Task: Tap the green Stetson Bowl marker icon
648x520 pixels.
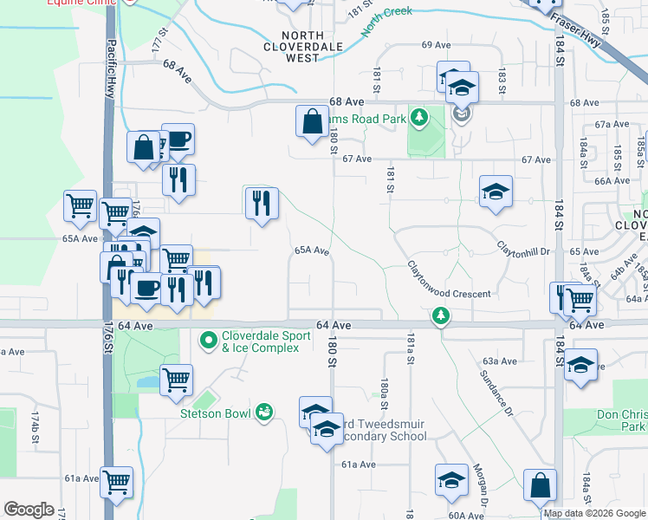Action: pyautogui.click(x=264, y=413)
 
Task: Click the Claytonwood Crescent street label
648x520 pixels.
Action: pyautogui.click(x=450, y=282)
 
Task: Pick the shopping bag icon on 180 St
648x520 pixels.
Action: pyautogui.click(x=311, y=121)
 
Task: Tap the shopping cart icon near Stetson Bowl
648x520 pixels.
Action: pyautogui.click(x=177, y=379)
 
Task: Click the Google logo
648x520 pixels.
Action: pyautogui.click(x=29, y=510)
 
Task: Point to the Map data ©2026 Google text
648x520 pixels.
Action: pyautogui.click(x=594, y=513)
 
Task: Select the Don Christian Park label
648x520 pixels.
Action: pyautogui.click(x=621, y=420)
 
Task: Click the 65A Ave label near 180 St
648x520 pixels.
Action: pyautogui.click(x=312, y=250)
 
